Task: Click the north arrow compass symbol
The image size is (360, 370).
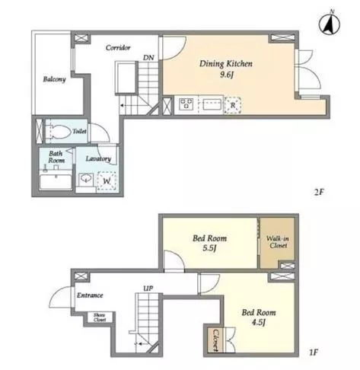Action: click(x=330, y=25)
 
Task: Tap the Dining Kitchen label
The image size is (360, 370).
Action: click(x=226, y=63)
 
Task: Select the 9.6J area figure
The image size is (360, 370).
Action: click(x=226, y=75)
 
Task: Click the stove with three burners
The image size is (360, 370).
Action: click(x=186, y=104)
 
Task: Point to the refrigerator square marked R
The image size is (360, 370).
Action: click(x=233, y=105)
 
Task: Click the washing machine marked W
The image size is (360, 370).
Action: click(x=107, y=181)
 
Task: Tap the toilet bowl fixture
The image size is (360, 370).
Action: click(x=59, y=131)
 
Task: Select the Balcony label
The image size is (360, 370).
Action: click(x=54, y=79)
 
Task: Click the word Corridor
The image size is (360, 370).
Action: click(x=118, y=47)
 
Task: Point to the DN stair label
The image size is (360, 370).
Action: click(x=148, y=58)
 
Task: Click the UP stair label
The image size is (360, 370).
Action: click(x=148, y=289)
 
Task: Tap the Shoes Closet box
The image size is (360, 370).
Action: click(x=100, y=317)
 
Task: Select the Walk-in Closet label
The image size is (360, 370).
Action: click(x=278, y=242)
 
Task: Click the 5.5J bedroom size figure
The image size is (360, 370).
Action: click(x=209, y=248)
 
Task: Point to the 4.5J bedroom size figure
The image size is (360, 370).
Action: click(x=259, y=322)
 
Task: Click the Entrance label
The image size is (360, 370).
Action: click(x=90, y=295)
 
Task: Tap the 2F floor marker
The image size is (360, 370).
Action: click(x=319, y=192)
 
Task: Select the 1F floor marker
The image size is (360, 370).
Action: click(x=314, y=352)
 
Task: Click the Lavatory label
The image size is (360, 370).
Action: click(x=98, y=159)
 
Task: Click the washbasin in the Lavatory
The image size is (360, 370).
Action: click(x=86, y=179)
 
